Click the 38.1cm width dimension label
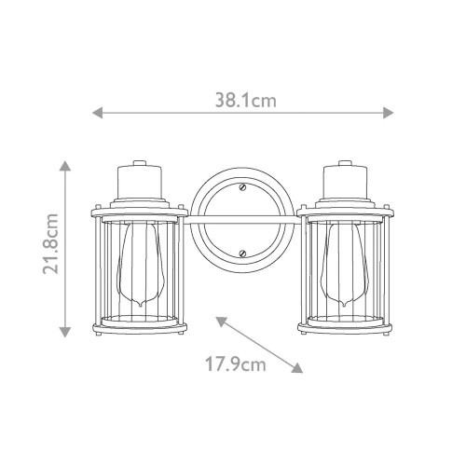pos(246,101)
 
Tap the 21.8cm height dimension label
pos(50,244)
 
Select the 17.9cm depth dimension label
pos(236,364)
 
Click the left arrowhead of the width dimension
pos(97,113)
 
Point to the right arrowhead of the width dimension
pos(389,113)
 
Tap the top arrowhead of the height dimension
pos(65,166)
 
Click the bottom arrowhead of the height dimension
pos(65,332)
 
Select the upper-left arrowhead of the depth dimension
pos(220,322)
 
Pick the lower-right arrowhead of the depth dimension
pos(297,368)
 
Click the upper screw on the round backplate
pos(242,187)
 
